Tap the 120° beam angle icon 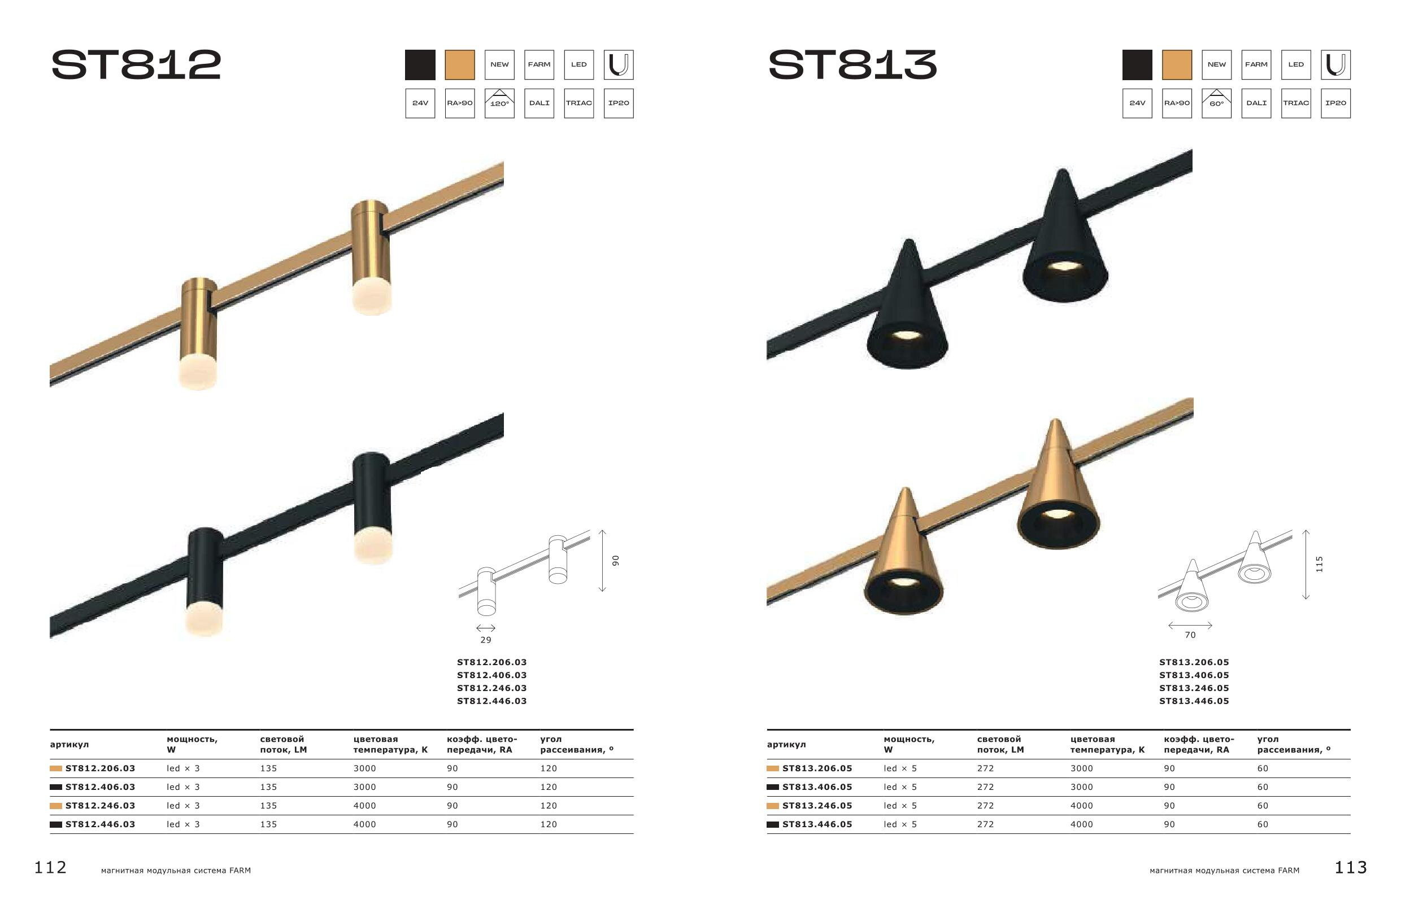499,103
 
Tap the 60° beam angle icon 1216,103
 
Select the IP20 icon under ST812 619,103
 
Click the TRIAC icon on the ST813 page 1296,103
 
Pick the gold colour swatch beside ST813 1177,65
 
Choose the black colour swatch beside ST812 420,65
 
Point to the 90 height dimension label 615,561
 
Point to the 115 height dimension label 1319,564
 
